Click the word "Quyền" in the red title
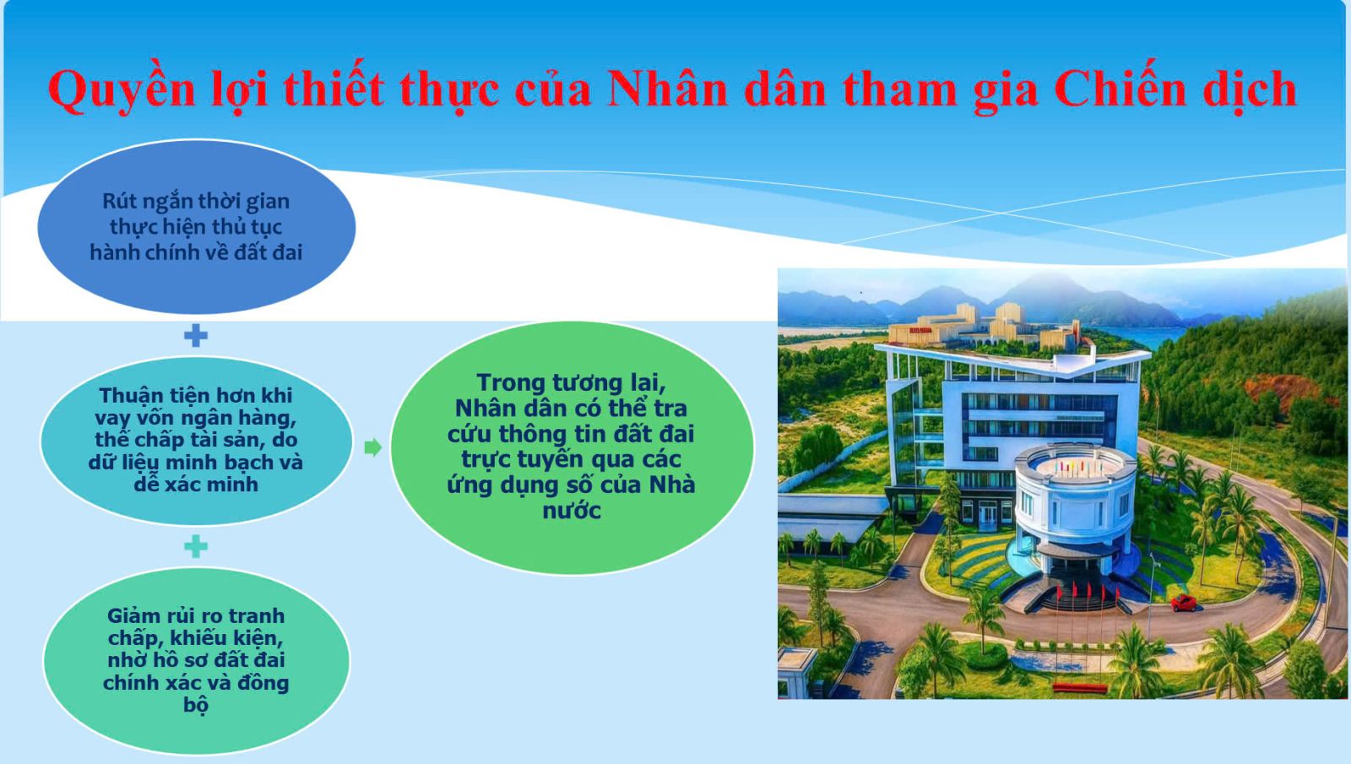pyautogui.click(x=122, y=90)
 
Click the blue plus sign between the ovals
pyautogui.click(x=195, y=335)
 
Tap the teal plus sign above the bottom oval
pyautogui.click(x=195, y=546)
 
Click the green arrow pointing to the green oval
pyautogui.click(x=373, y=447)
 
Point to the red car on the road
pyautogui.click(x=1183, y=603)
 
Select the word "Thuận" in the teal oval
pyautogui.click(x=131, y=396)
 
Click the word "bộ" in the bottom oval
pyautogui.click(x=196, y=705)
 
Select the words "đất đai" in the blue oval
pyautogui.click(x=268, y=252)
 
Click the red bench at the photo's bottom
pyautogui.click(x=1080, y=688)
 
